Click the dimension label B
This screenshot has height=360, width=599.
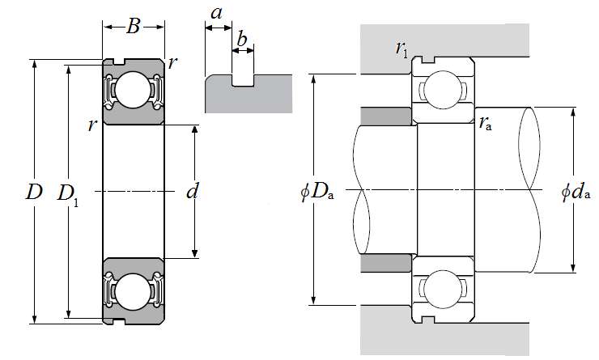pyautogui.click(x=134, y=27)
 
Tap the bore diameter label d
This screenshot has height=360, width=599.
pyautogui.click(x=192, y=192)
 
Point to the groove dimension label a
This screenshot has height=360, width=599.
pyautogui.click(x=217, y=14)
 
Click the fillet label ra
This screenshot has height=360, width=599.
pyautogui.click(x=486, y=123)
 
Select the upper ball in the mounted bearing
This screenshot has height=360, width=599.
pyautogui.click(x=440, y=89)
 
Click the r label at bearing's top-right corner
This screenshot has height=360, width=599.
pyautogui.click(x=173, y=63)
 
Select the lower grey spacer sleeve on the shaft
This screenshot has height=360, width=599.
pyautogui.click(x=387, y=265)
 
